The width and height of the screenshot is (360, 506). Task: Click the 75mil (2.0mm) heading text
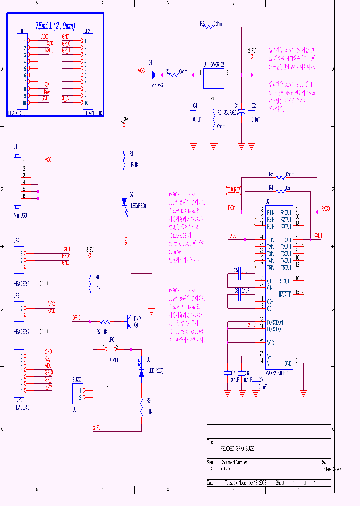(55, 26)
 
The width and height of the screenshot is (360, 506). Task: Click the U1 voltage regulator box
(214, 78)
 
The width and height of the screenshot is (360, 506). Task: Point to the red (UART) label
(233, 190)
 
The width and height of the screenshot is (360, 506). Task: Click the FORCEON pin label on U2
(275, 322)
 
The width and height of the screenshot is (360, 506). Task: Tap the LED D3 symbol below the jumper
(141, 372)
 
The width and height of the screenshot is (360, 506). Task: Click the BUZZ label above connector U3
(77, 380)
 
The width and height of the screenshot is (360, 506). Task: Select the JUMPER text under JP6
(115, 359)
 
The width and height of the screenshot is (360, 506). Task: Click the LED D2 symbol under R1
(124, 202)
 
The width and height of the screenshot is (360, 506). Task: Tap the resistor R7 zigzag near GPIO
(105, 322)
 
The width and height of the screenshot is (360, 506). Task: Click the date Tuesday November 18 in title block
(245, 483)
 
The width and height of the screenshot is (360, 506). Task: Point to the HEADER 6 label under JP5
(22, 408)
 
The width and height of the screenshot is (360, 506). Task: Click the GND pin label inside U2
(287, 363)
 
